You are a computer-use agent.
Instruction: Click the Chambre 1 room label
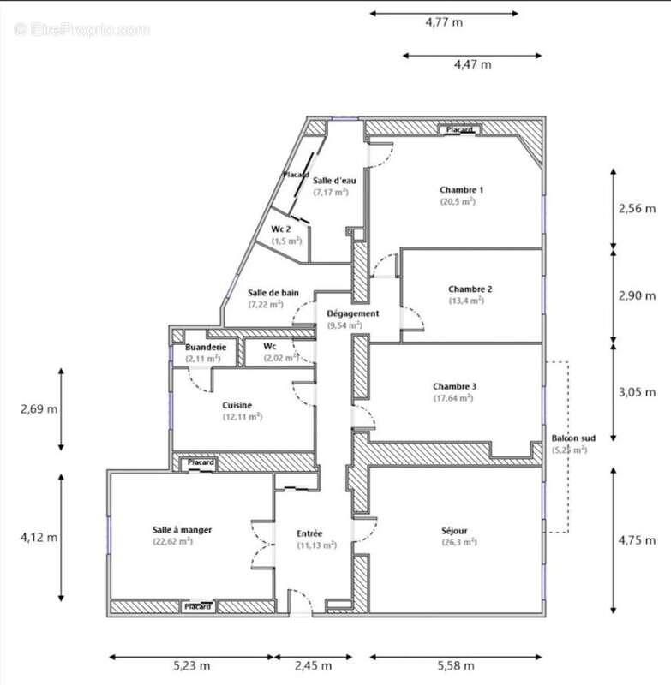coord(462,189)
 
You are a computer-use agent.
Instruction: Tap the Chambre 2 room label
coord(465,289)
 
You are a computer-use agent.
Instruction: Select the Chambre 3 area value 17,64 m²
coord(454,398)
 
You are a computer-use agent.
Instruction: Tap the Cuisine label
coord(237,404)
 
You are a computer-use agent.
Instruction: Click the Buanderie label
coord(206,347)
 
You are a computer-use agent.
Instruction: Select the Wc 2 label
coord(282,229)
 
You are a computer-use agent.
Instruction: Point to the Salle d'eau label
coord(334,180)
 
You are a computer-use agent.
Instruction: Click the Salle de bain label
coord(273,293)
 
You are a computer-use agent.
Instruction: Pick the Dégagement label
coord(352,313)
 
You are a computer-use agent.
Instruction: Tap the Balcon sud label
coord(569,438)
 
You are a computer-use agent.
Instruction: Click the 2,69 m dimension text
coord(39,408)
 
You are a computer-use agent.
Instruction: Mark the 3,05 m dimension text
coord(636,395)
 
